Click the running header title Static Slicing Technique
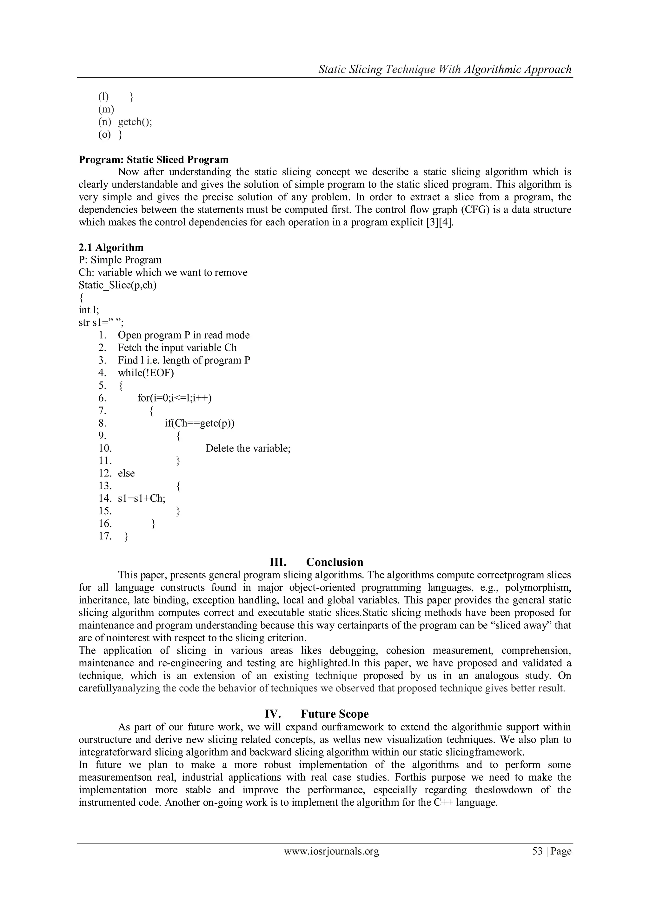[445, 69]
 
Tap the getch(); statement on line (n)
[135, 122]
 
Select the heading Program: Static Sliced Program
[154, 160]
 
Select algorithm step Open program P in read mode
[183, 335]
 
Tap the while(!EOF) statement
[146, 373]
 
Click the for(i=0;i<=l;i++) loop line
[175, 398]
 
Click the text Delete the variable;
[248, 448]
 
